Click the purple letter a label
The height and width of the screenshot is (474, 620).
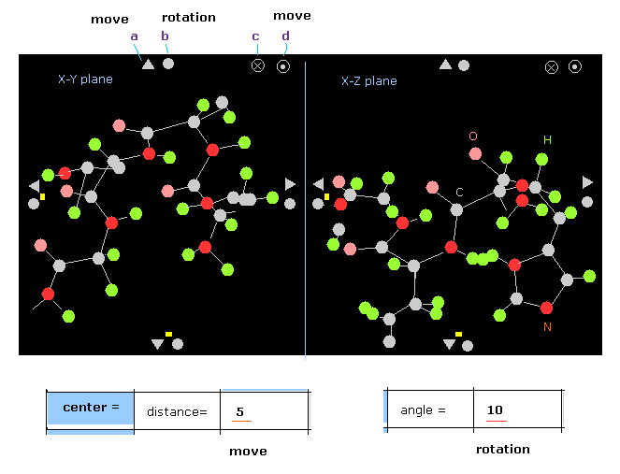tap(134, 36)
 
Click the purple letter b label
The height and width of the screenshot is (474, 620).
tap(165, 36)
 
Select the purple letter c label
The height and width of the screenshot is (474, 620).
tap(255, 36)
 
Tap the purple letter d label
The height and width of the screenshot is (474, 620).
tap(285, 36)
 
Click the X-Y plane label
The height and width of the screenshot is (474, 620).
tap(85, 79)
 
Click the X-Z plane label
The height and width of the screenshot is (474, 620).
tap(368, 81)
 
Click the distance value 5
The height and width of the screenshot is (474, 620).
tap(240, 411)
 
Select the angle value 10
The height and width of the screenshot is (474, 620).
tap(495, 410)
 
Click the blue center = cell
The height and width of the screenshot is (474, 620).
tap(90, 408)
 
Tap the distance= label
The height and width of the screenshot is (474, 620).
tap(177, 411)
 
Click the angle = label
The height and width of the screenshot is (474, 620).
tap(423, 410)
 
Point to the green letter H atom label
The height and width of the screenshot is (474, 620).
tap(548, 140)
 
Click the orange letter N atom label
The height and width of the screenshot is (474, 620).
tap(548, 327)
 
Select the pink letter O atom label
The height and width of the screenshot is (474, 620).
tap(473, 136)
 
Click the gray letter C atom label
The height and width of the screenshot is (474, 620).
tap(459, 192)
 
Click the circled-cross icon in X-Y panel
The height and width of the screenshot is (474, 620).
tap(258, 65)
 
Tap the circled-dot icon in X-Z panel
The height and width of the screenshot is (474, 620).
tap(575, 66)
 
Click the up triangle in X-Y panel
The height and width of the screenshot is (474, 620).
tap(148, 64)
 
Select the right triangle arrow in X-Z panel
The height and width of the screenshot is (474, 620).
tap(587, 182)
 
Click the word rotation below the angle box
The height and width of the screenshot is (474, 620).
tap(502, 450)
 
